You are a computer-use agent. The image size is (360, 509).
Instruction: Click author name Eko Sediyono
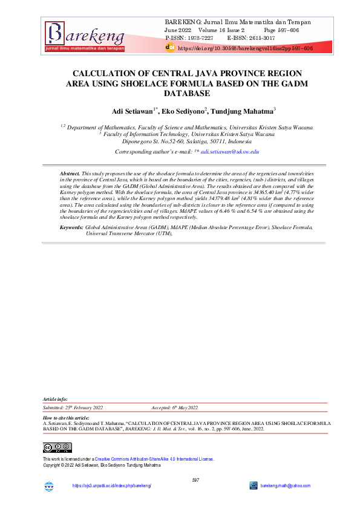point(183,111)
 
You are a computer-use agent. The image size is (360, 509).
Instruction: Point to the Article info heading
point(56,400)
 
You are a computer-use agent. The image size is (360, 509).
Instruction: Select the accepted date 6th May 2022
point(183,408)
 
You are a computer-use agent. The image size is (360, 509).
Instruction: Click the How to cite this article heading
point(67,418)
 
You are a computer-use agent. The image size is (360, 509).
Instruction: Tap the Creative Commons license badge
point(57,448)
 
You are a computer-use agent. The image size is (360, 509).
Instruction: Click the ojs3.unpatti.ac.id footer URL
point(111,486)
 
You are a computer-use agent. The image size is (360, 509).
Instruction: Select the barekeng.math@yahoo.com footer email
point(286,486)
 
